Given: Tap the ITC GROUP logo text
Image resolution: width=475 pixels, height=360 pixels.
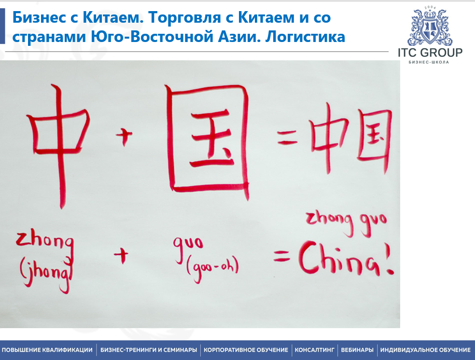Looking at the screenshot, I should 430,53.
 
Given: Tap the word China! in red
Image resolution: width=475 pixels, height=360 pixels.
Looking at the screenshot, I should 345,261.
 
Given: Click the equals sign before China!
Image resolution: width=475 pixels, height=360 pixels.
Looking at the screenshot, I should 282,258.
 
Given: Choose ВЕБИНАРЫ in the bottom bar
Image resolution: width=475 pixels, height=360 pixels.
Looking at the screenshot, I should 357,350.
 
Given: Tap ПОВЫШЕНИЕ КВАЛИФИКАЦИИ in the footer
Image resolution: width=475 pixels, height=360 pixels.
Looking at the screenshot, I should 47,350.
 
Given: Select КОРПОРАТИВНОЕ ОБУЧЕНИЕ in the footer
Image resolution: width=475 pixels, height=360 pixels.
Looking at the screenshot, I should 246,350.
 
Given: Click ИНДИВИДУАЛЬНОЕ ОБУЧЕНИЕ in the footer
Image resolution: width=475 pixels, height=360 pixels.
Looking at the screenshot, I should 425,350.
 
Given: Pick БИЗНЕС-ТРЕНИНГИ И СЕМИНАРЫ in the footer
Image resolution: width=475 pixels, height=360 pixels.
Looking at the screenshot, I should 149,350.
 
